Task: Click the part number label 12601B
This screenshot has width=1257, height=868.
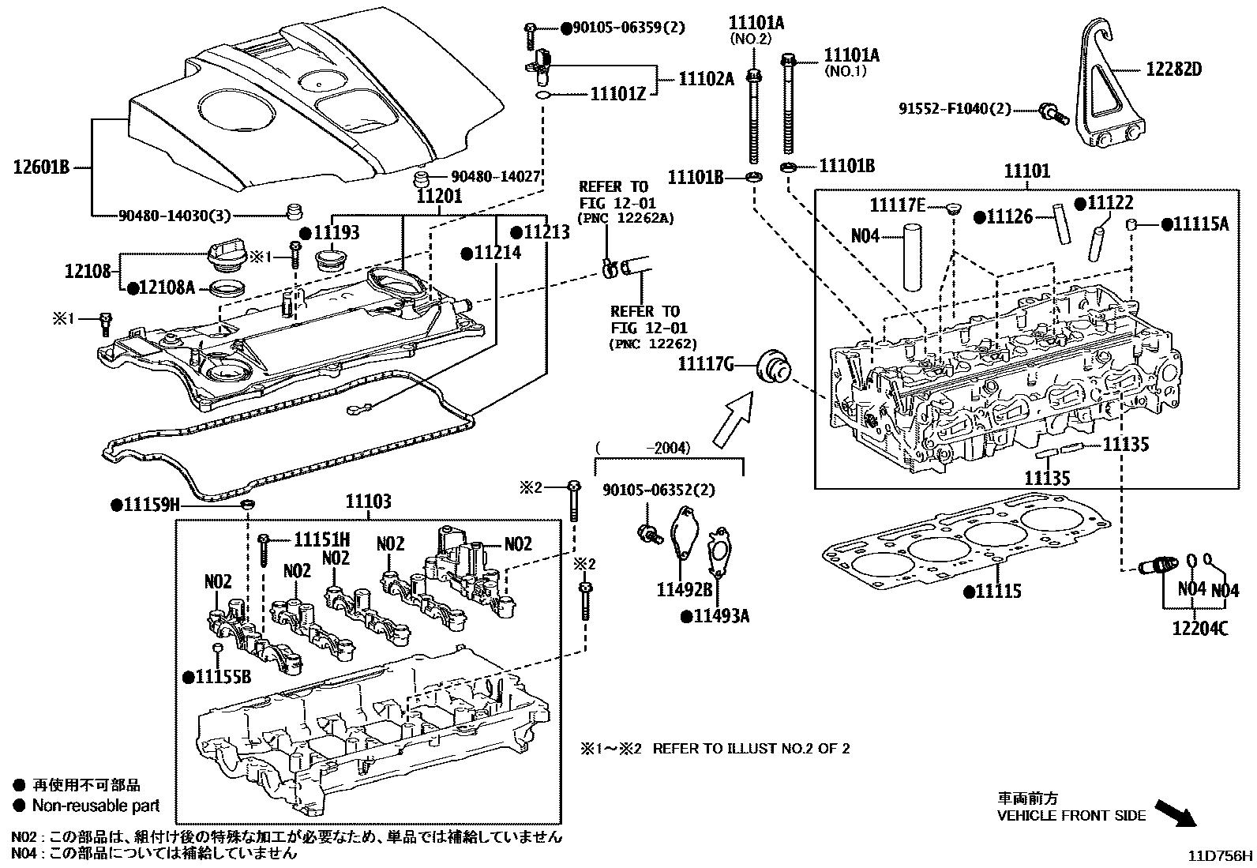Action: click(42, 167)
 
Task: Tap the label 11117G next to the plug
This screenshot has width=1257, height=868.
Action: click(706, 364)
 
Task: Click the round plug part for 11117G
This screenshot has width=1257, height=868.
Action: click(772, 366)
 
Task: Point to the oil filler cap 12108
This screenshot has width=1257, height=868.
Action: click(227, 257)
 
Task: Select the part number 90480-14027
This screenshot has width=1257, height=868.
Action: click(495, 178)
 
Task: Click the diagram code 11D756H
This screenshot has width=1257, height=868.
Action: click(1221, 855)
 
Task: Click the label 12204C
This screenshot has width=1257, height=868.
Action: click(1199, 629)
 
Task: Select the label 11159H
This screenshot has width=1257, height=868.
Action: click(152, 504)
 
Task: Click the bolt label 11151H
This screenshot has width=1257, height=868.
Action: click(321, 540)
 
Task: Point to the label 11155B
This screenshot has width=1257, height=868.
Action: click(223, 677)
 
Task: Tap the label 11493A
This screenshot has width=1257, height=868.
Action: click(720, 616)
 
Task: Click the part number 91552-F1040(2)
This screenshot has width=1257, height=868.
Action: click(955, 109)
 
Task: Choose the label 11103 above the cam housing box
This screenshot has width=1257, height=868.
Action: click(368, 502)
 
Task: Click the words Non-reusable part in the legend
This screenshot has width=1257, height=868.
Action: click(96, 806)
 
